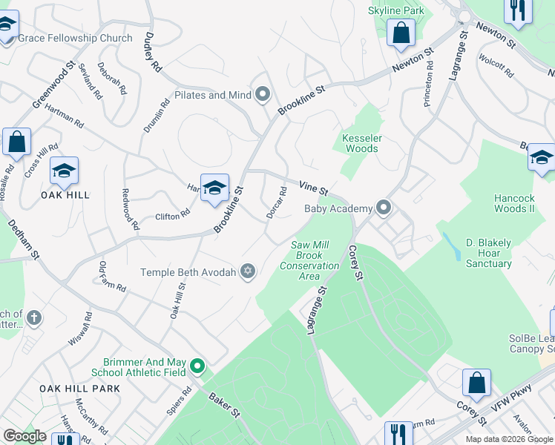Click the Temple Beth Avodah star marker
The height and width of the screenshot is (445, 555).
249,272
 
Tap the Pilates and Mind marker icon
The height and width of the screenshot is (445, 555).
262,95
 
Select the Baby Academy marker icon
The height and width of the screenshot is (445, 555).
383,208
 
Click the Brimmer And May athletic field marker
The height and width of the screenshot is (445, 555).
197,366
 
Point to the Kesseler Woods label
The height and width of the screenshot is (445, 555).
360,143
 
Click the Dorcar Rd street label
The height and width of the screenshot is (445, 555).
277,202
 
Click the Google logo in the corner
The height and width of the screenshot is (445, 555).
24,436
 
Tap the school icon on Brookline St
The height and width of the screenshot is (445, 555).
214,188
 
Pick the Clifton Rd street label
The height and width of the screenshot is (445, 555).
172,214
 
